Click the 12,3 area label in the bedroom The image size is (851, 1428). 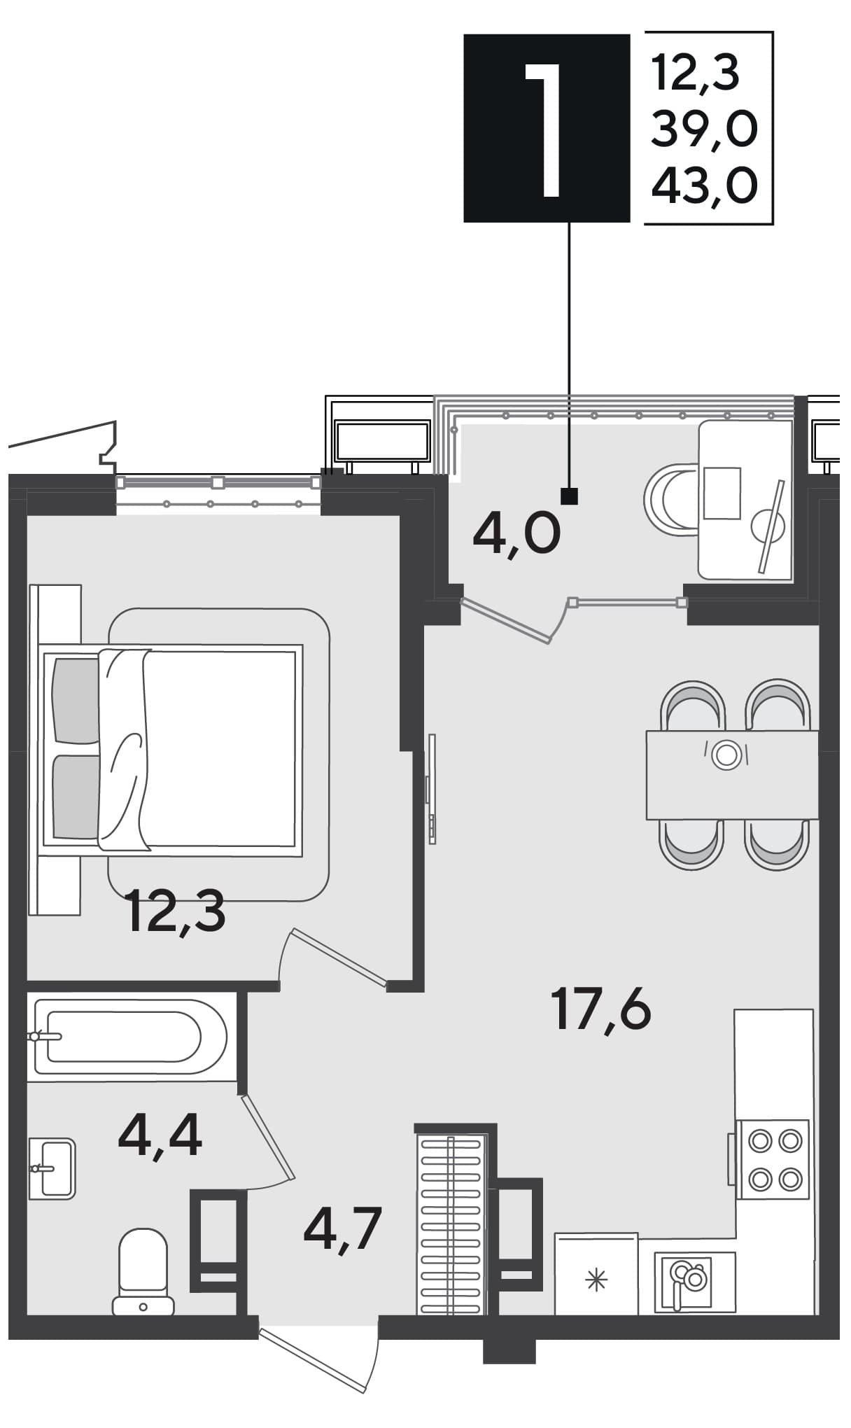(176, 911)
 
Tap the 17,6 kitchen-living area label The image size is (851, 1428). (601, 1009)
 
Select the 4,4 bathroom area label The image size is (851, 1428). (160, 1135)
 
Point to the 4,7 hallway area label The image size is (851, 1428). (343, 1230)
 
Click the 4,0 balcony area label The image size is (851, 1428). (516, 533)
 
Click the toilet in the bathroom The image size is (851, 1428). (143, 1271)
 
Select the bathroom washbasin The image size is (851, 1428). (52, 1168)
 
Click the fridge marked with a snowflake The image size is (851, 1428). (596, 1274)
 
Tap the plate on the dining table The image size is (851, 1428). (726, 755)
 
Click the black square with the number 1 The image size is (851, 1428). (547, 128)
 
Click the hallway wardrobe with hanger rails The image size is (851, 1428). (452, 1224)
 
